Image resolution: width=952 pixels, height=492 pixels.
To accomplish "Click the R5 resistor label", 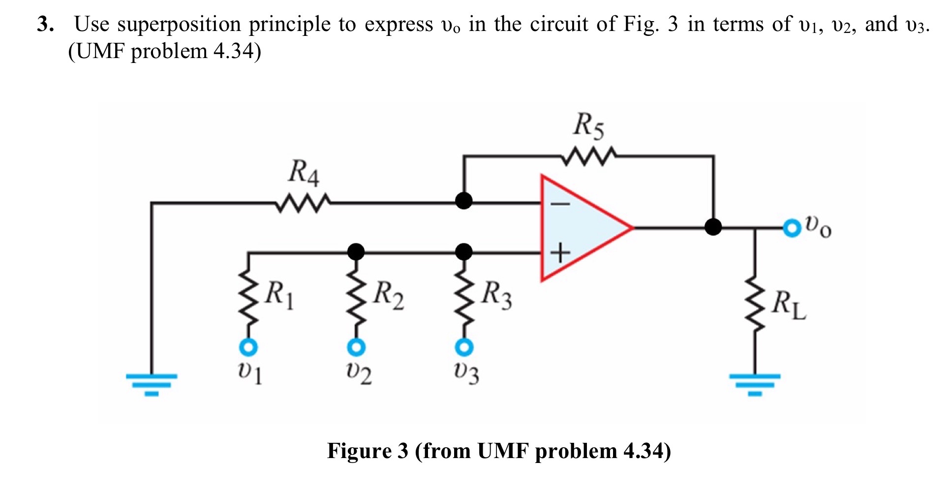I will coord(588,125).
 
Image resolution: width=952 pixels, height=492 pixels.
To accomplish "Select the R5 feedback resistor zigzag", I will coord(588,156).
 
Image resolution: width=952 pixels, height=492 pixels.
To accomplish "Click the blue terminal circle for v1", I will coord(248,348).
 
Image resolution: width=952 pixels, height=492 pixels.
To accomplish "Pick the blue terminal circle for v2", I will coord(356,348).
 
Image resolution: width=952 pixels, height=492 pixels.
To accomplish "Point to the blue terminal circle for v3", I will coord(463,348).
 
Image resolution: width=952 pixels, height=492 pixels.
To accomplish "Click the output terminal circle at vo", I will coord(792,228).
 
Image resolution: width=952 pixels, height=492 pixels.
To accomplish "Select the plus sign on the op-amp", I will coord(560,253).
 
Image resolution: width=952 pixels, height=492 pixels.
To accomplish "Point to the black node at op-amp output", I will coord(713,227).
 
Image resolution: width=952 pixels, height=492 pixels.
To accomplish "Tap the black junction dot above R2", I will coord(356,252).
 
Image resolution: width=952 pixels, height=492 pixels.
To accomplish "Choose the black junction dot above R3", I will coord(463,252).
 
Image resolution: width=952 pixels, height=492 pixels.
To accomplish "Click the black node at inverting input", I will coord(463,201).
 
